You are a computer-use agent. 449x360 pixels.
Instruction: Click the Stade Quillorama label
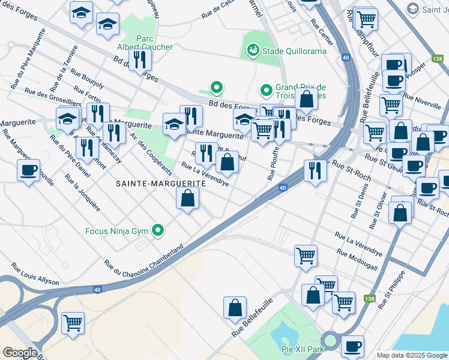coord(294,51)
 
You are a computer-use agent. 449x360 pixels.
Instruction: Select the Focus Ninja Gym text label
coord(118,230)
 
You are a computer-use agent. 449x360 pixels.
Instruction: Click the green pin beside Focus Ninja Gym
coord(158,230)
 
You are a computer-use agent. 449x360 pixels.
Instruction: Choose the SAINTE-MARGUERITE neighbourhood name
coord(160,185)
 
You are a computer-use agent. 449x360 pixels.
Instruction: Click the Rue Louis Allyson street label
coord(35,274)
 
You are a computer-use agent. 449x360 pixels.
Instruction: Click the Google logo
coord(20,353)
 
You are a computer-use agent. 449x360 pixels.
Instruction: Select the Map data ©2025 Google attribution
coord(411,355)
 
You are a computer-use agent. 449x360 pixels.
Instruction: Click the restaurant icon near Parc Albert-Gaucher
coord(140,59)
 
